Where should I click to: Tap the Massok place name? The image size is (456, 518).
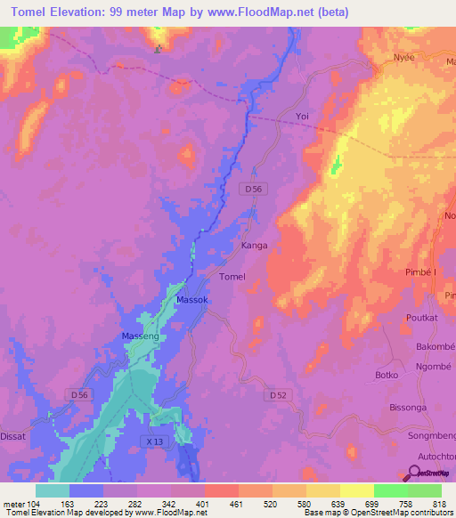[x=192, y=301]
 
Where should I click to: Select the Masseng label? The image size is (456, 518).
[x=139, y=336]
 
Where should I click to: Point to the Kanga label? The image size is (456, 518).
[x=255, y=245]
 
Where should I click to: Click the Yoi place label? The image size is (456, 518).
[x=302, y=117]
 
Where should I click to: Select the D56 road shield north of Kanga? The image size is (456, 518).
[x=254, y=189]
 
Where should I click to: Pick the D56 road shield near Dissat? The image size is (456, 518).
[x=78, y=394]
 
